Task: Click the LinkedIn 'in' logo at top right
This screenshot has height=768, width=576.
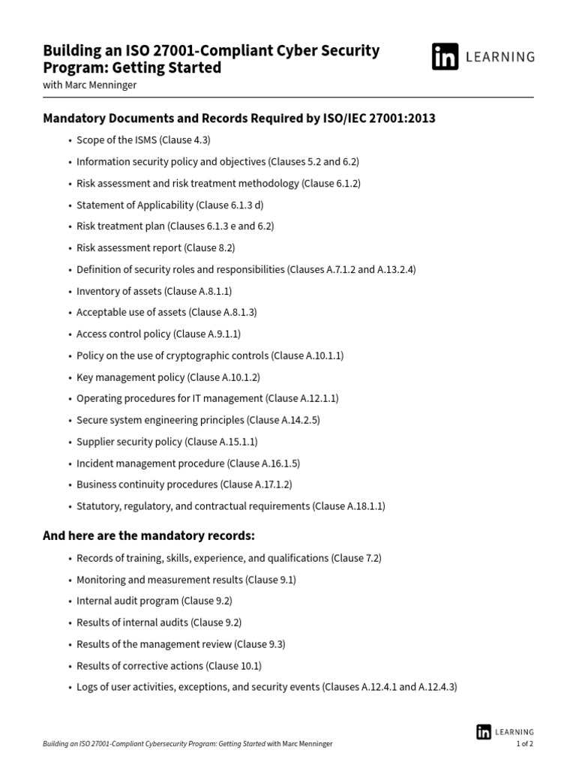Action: (x=445, y=57)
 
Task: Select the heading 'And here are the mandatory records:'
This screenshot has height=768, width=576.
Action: (x=148, y=535)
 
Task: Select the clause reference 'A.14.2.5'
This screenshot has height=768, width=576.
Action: (x=297, y=420)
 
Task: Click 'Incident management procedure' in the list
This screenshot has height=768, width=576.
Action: (x=150, y=463)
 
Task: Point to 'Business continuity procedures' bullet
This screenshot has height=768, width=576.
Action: (x=147, y=484)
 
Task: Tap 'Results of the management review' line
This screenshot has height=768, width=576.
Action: (x=154, y=644)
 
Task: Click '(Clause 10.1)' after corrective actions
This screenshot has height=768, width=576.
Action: (x=234, y=665)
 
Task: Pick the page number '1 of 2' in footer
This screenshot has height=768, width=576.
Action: (x=524, y=744)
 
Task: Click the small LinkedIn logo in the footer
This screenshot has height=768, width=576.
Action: (x=484, y=732)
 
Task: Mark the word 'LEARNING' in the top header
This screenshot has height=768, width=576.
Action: (x=502, y=57)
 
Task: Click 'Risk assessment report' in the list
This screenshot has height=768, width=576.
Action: (x=128, y=247)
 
